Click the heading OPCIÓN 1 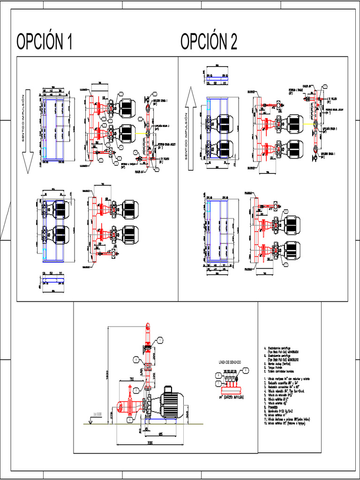[45, 42]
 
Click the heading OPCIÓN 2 [209, 42]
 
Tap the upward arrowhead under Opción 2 [190, 96]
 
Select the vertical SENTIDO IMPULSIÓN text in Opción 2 [186, 136]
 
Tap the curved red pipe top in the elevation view [148, 326]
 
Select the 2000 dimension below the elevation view [150, 442]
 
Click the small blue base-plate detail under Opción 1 [52, 283]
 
